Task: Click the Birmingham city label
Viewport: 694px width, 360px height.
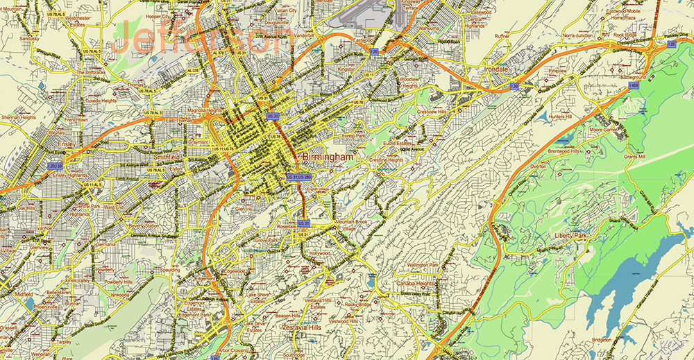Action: [x=328, y=157]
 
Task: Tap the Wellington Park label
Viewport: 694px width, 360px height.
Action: [x=423, y=264]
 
